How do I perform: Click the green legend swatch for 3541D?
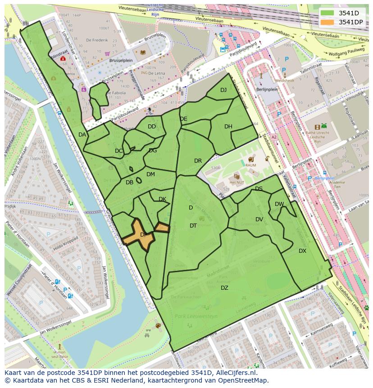point(327,13)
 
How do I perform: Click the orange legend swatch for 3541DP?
point(327,22)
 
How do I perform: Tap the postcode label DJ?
point(223,90)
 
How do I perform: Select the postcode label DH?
point(228,127)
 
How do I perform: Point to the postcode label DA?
point(82,135)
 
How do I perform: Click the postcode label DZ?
point(224,288)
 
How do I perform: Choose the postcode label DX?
point(302,251)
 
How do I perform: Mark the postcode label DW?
point(279,204)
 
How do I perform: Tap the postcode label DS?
point(259,189)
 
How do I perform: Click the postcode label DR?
point(198,161)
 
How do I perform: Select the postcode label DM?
point(150,174)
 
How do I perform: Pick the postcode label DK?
point(163,199)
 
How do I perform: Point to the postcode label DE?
point(183,119)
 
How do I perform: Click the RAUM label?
point(251,165)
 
